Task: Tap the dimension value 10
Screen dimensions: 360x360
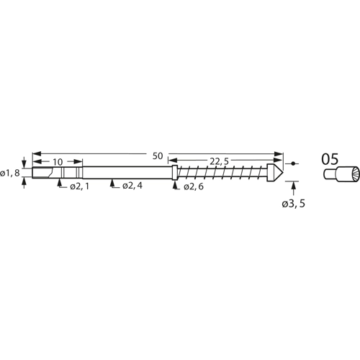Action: (x=58, y=162)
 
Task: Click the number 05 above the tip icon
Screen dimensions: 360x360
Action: (x=330, y=159)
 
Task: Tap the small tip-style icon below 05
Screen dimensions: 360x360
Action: (x=336, y=174)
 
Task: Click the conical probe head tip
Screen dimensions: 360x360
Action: (x=276, y=173)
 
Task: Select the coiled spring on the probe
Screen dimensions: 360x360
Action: (x=223, y=173)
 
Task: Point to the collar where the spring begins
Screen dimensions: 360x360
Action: (x=176, y=173)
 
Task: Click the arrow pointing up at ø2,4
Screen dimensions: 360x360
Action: (x=112, y=184)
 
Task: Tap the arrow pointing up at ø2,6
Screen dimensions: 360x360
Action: (x=176, y=184)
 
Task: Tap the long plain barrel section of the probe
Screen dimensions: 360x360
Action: (x=130, y=173)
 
